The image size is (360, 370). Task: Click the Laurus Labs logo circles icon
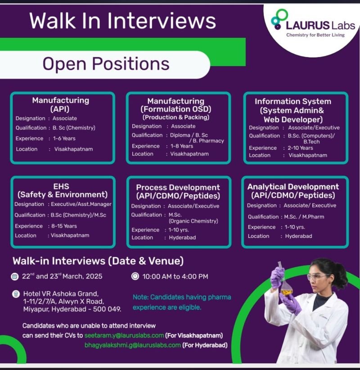pyautogui.click(x=279, y=19)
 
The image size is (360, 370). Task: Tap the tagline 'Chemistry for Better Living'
pyautogui.click(x=315, y=35)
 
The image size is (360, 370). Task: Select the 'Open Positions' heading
pyautogui.click(x=106, y=64)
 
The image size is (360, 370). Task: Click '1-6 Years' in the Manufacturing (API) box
pyautogui.click(x=64, y=138)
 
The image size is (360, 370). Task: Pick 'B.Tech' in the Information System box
pyautogui.click(x=311, y=142)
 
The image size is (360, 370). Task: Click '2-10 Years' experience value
pyautogui.click(x=300, y=148)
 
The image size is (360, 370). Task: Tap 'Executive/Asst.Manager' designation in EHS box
pyautogui.click(x=81, y=204)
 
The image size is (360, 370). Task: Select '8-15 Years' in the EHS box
pyautogui.click(x=64, y=226)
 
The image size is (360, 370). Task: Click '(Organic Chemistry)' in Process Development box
pyautogui.click(x=193, y=221)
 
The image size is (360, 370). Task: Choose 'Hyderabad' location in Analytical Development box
pyautogui.click(x=299, y=236)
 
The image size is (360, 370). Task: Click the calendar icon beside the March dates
pyautogui.click(x=15, y=276)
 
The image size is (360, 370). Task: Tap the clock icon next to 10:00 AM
pyautogui.click(x=135, y=276)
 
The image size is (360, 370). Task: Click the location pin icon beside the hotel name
pyautogui.click(x=16, y=294)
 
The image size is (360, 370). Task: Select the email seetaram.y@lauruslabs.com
pyautogui.click(x=124, y=335)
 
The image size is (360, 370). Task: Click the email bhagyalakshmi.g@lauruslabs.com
pyautogui.click(x=132, y=345)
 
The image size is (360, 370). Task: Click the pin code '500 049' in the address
pyautogui.click(x=107, y=309)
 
